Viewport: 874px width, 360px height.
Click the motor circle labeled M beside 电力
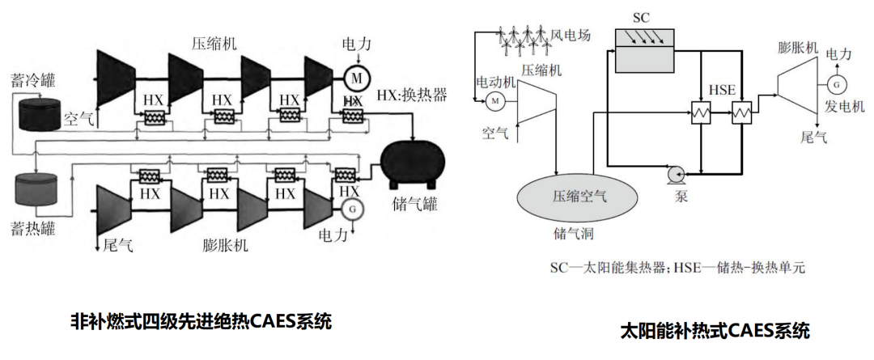355,78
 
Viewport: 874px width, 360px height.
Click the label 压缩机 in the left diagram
214,44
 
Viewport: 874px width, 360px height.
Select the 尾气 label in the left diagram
118,243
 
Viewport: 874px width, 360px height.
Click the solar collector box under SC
646,48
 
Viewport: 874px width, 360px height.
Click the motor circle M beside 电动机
494,100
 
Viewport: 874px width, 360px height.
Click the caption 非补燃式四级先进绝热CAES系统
201,321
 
